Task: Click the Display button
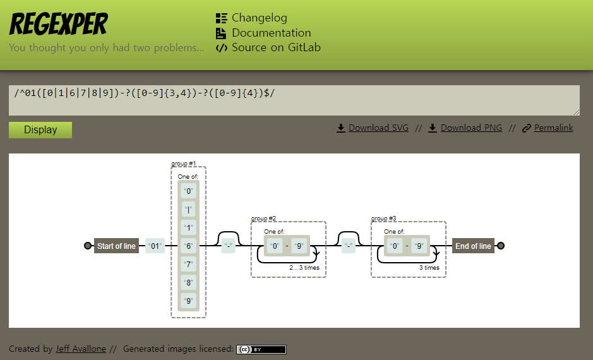(x=40, y=130)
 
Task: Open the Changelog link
(x=259, y=18)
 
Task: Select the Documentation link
(x=271, y=33)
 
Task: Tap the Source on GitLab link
(x=276, y=47)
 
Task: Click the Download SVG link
(x=378, y=128)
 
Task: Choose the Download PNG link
(x=471, y=128)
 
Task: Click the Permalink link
(x=553, y=128)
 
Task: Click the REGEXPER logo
(x=58, y=24)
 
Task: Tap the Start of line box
(x=116, y=246)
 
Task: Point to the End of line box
(x=473, y=246)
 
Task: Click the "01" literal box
(x=155, y=246)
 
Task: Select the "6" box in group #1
(x=188, y=246)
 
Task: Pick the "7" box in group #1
(x=188, y=265)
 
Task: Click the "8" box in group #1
(x=188, y=283)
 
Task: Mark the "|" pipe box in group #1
(x=188, y=209)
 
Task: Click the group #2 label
(x=263, y=219)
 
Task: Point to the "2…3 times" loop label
(x=304, y=268)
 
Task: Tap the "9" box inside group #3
(x=418, y=246)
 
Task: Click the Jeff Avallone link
(x=81, y=349)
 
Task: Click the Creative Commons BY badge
(x=261, y=349)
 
